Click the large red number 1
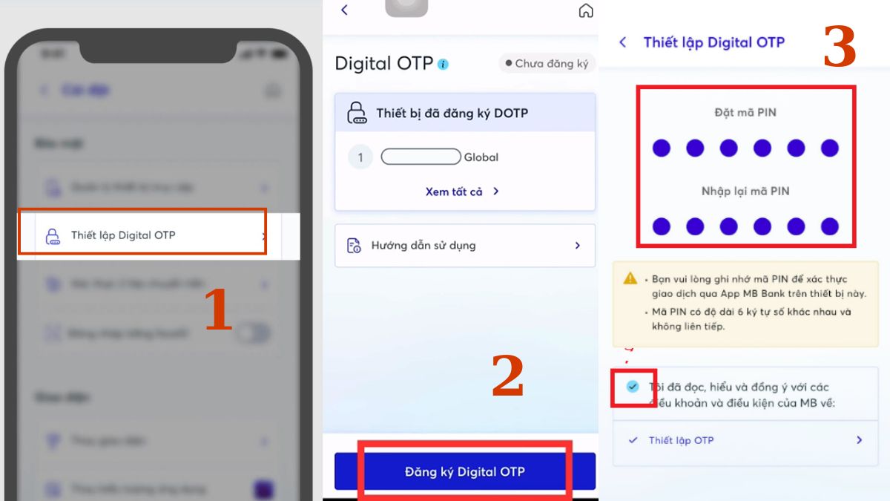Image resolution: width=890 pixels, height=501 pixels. click(218, 310)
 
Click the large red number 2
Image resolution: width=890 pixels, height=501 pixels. click(508, 376)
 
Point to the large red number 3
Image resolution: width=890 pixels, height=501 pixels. click(840, 48)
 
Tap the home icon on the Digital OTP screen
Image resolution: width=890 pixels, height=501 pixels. click(586, 10)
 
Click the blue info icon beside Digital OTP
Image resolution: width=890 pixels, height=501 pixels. click(443, 65)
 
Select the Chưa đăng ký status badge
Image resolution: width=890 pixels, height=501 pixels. click(547, 64)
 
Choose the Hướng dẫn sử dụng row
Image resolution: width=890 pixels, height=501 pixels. click(464, 245)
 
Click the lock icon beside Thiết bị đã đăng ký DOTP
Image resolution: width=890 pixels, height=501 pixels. click(357, 114)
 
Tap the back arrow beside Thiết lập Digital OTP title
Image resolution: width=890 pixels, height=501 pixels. click(623, 42)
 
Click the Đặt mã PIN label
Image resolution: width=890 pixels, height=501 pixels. click(745, 113)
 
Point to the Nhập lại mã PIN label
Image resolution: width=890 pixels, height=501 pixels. click(745, 191)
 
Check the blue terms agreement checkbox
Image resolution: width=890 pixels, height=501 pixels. click(633, 387)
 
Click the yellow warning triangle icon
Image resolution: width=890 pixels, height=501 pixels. click(630, 279)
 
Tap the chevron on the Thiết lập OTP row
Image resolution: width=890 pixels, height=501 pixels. click(859, 440)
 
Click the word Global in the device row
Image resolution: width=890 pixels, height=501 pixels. click(481, 157)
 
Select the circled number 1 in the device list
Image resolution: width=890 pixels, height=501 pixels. click(360, 157)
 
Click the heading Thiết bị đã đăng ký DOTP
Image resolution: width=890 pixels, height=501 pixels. click(452, 114)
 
